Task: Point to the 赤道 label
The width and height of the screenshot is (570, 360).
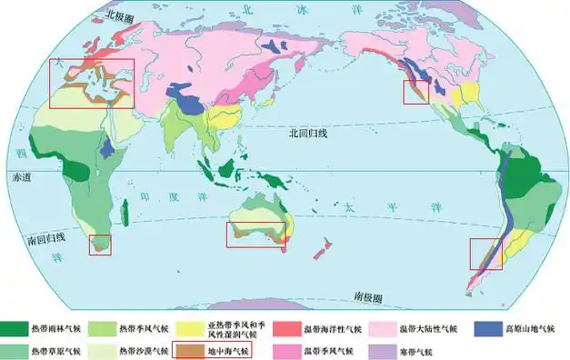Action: (x=20, y=175)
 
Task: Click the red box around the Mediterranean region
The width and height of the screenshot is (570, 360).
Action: (x=91, y=84)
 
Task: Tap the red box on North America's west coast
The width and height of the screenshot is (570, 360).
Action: (x=416, y=91)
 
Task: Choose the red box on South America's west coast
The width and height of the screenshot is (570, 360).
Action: (x=484, y=254)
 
